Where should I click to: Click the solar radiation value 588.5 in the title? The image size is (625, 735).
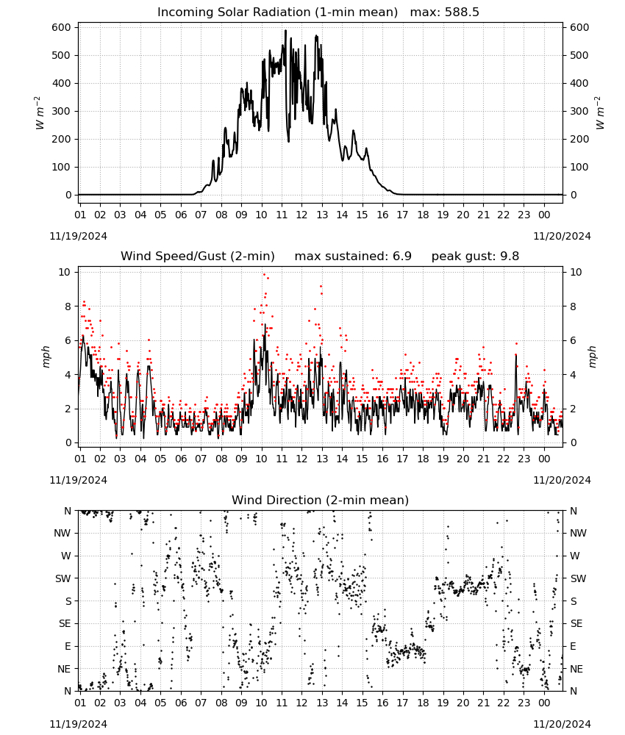coord(462,12)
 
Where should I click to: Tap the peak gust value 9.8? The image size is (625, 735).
coord(509,257)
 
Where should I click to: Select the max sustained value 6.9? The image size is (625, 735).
coord(401,257)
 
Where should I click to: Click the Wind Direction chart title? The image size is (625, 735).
coord(321,500)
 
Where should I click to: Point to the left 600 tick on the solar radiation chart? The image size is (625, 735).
coord(62,28)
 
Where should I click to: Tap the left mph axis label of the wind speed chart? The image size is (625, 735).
coord(46,356)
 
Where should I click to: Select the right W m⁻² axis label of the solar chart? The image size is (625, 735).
coord(600,113)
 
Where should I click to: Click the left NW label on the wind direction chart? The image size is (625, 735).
coord(63,534)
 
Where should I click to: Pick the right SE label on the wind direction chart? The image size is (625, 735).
coord(576,623)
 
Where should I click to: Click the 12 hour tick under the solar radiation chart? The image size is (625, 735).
coord(301,215)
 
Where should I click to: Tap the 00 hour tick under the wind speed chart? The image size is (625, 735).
coord(544,459)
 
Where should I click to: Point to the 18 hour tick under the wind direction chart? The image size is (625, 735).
coord(423,703)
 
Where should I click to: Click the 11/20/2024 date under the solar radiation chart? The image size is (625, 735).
coord(562,236)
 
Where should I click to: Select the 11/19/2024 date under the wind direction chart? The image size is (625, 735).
coord(78,724)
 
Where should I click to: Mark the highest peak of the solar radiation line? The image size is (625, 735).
coord(285,30)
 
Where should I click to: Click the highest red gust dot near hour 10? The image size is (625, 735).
coord(264,274)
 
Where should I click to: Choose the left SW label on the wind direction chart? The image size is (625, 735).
coord(63,578)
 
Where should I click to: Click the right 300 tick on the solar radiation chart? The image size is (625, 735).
coord(579,112)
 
